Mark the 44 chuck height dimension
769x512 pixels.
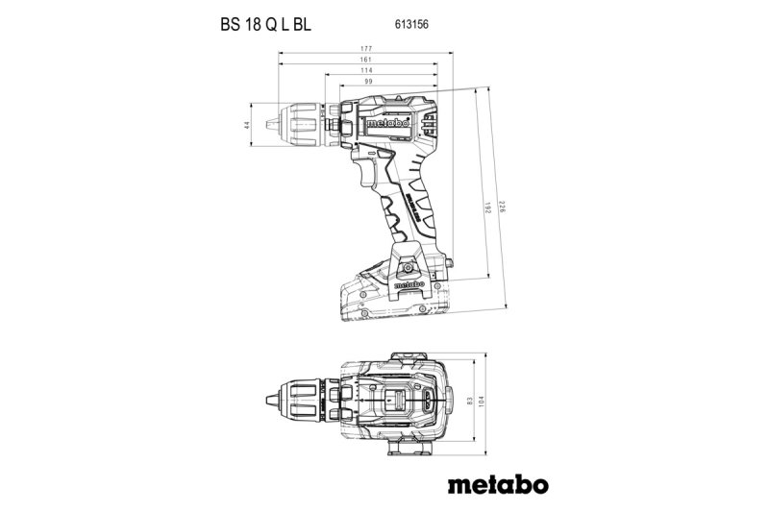click(x=247, y=125)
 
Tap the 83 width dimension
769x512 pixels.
click(x=471, y=398)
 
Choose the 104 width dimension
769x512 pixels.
click(x=486, y=398)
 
